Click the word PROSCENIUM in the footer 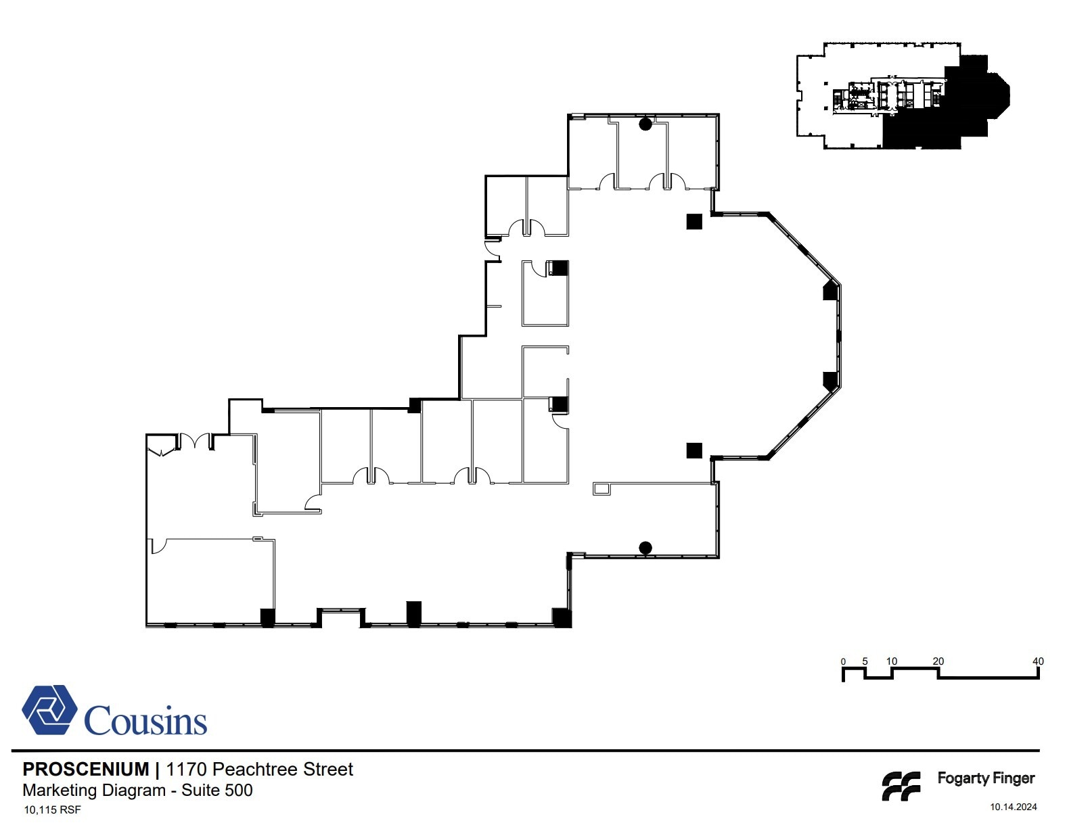pos(85,769)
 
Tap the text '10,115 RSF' pos(52,809)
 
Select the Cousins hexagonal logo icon pos(49,709)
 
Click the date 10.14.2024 pos(1013,807)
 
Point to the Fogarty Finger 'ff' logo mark pos(901,786)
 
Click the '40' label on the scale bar pos(1037,661)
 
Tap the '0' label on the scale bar pos(843,661)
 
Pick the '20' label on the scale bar pos(938,661)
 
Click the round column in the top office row pos(645,124)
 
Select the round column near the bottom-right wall pos(645,548)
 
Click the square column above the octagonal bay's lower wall pos(694,450)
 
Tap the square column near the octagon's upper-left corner pos(694,221)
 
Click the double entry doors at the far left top pos(196,442)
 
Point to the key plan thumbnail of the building pos(903,95)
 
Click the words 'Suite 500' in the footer pos(217,790)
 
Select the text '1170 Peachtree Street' pos(259,769)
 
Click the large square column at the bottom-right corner pos(562,617)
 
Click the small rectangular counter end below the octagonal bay pos(601,489)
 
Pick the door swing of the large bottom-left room pos(157,546)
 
